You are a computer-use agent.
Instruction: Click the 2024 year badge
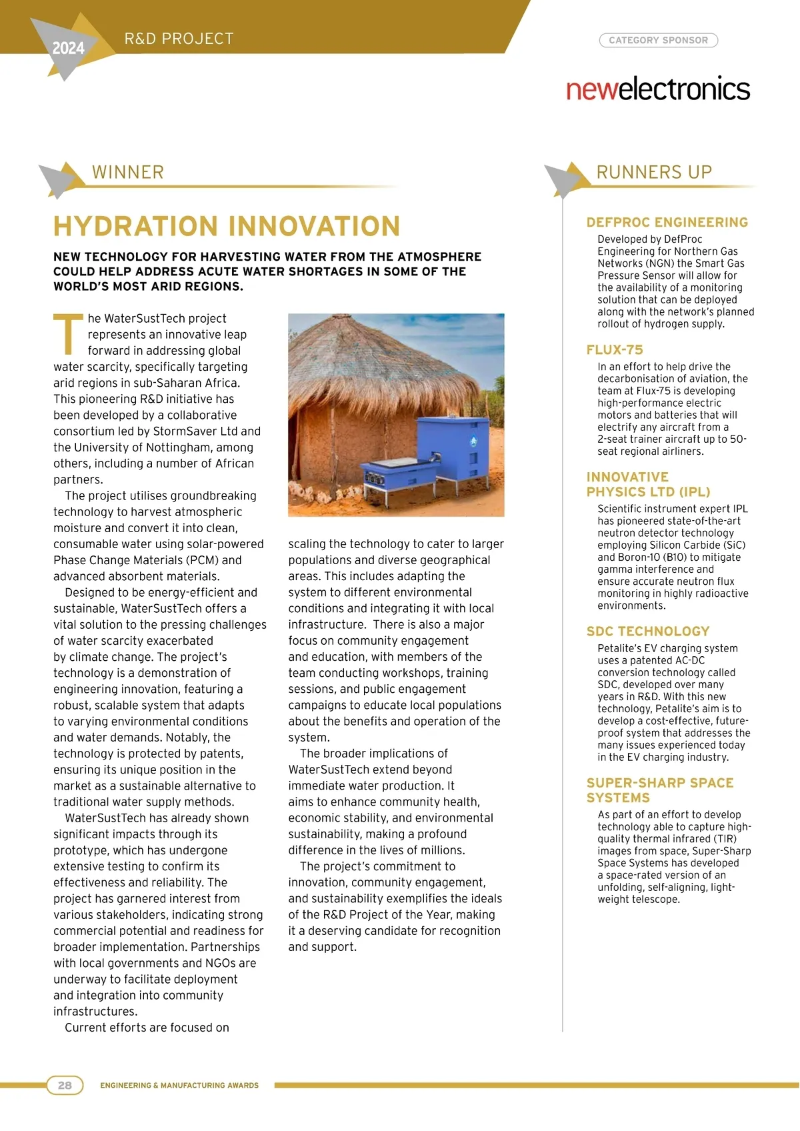[68, 48]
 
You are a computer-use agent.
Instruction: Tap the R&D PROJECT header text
[179, 39]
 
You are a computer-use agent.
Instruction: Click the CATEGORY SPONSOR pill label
[658, 40]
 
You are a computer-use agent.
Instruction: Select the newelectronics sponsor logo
[658, 89]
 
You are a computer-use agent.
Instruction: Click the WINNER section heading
[128, 172]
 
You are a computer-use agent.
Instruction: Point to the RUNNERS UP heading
[654, 172]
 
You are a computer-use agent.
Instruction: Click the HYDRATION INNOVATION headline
[227, 227]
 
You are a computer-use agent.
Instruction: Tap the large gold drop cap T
[68, 335]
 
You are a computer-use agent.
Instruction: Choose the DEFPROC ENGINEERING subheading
[667, 223]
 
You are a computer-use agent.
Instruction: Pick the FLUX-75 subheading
[615, 350]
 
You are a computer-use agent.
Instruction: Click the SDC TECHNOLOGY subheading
[648, 632]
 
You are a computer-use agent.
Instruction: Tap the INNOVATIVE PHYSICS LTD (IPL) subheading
[648, 485]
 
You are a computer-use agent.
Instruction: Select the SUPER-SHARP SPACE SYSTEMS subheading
[659, 790]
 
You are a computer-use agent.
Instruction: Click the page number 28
[65, 1085]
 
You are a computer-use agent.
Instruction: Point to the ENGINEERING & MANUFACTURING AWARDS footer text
[179, 1086]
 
